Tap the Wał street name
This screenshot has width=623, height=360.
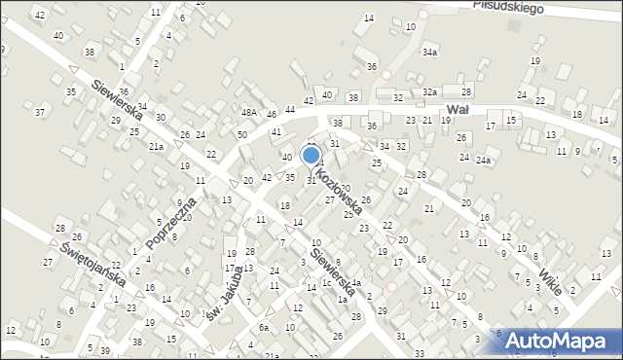(x=458, y=110)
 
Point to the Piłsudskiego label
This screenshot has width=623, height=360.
(x=506, y=6)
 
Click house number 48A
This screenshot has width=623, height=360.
(x=250, y=114)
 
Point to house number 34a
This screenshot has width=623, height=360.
(x=429, y=52)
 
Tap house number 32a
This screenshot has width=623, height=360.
(x=429, y=91)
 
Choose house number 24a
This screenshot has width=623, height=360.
(x=482, y=158)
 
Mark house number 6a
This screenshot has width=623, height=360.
(x=263, y=328)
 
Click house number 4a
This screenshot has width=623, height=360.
(x=356, y=283)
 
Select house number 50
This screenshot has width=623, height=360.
(x=241, y=133)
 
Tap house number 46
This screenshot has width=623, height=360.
(x=272, y=115)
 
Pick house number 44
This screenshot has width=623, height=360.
(x=289, y=109)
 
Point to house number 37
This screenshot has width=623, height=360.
(x=40, y=112)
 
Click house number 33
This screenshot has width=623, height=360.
(x=419, y=352)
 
